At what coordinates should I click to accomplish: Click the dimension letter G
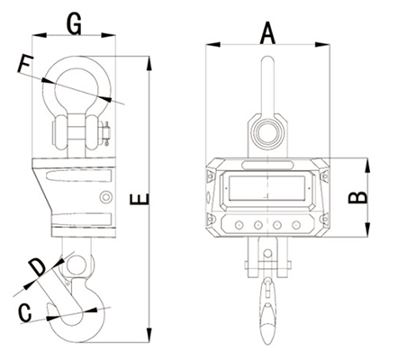tap(74, 24)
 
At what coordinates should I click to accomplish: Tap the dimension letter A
tap(267, 34)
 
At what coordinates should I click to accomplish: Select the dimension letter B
tap(357, 197)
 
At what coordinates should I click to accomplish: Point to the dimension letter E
tap(140, 199)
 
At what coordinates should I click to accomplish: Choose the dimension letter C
tap(25, 313)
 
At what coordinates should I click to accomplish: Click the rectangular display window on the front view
tap(267, 188)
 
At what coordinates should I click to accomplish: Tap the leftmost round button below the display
tap(239, 225)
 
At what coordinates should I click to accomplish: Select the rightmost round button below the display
tap(296, 225)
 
